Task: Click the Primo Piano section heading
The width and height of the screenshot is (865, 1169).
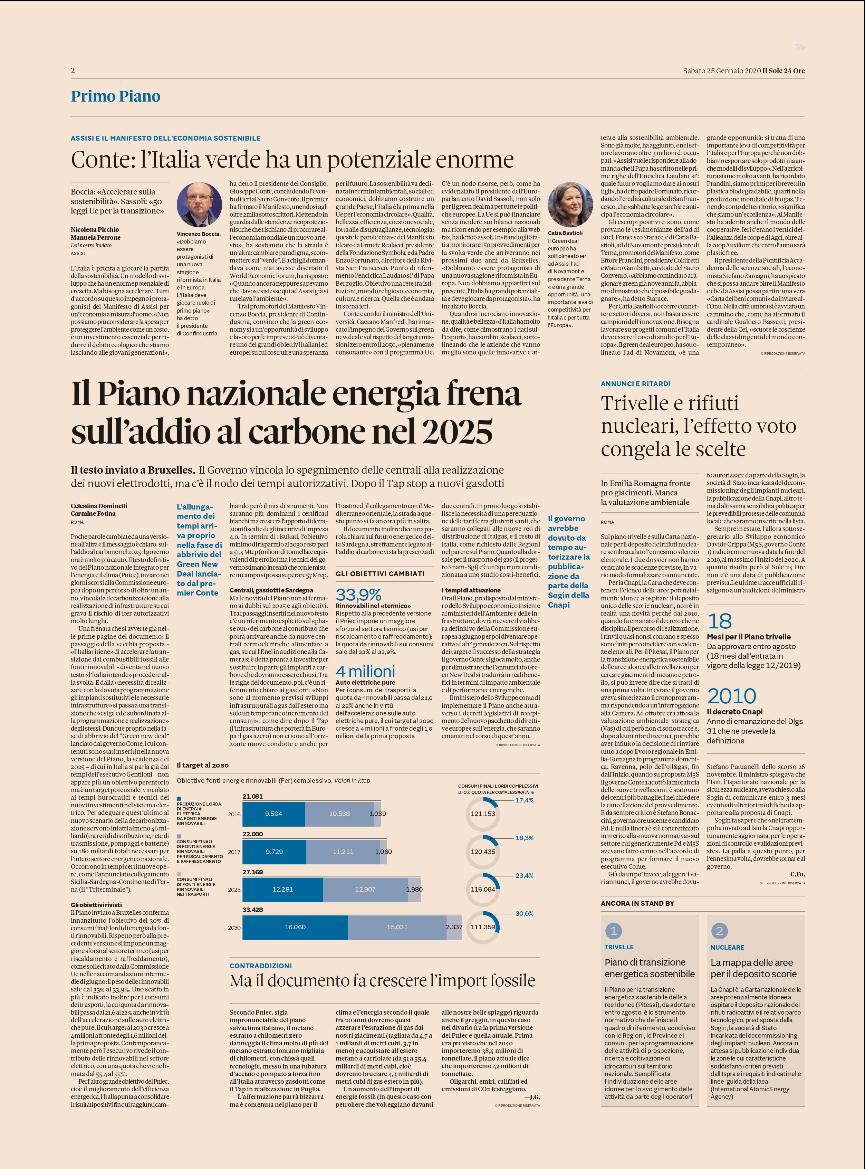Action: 116,96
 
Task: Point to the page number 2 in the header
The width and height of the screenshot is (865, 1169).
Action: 73,71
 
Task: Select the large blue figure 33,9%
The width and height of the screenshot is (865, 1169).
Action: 359,595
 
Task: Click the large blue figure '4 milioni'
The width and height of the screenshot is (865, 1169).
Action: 365,672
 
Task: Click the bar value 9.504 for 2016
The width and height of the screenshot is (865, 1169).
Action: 273,814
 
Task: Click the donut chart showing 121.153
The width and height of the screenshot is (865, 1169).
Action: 483,814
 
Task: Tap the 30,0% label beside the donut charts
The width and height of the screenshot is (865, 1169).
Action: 524,913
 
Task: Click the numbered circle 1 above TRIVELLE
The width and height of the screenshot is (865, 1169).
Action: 614,931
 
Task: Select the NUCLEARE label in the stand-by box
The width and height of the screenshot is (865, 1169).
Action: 727,948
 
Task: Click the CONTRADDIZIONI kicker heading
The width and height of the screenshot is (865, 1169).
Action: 261,966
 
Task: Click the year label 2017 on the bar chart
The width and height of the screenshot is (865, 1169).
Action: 234,852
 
